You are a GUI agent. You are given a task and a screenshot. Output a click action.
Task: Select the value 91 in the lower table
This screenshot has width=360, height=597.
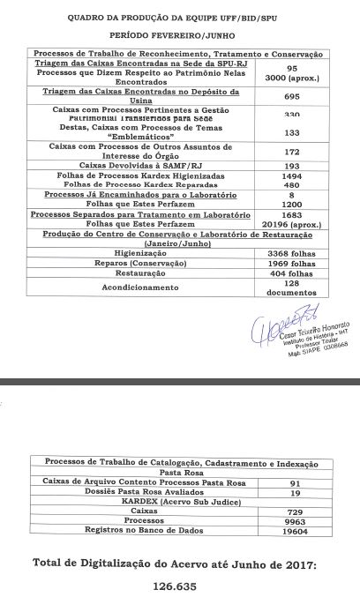tap(296, 484)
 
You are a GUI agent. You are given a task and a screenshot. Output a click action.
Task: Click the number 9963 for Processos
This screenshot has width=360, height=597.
tap(296, 520)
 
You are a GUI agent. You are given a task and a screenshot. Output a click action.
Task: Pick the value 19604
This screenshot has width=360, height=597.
tap(296, 532)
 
